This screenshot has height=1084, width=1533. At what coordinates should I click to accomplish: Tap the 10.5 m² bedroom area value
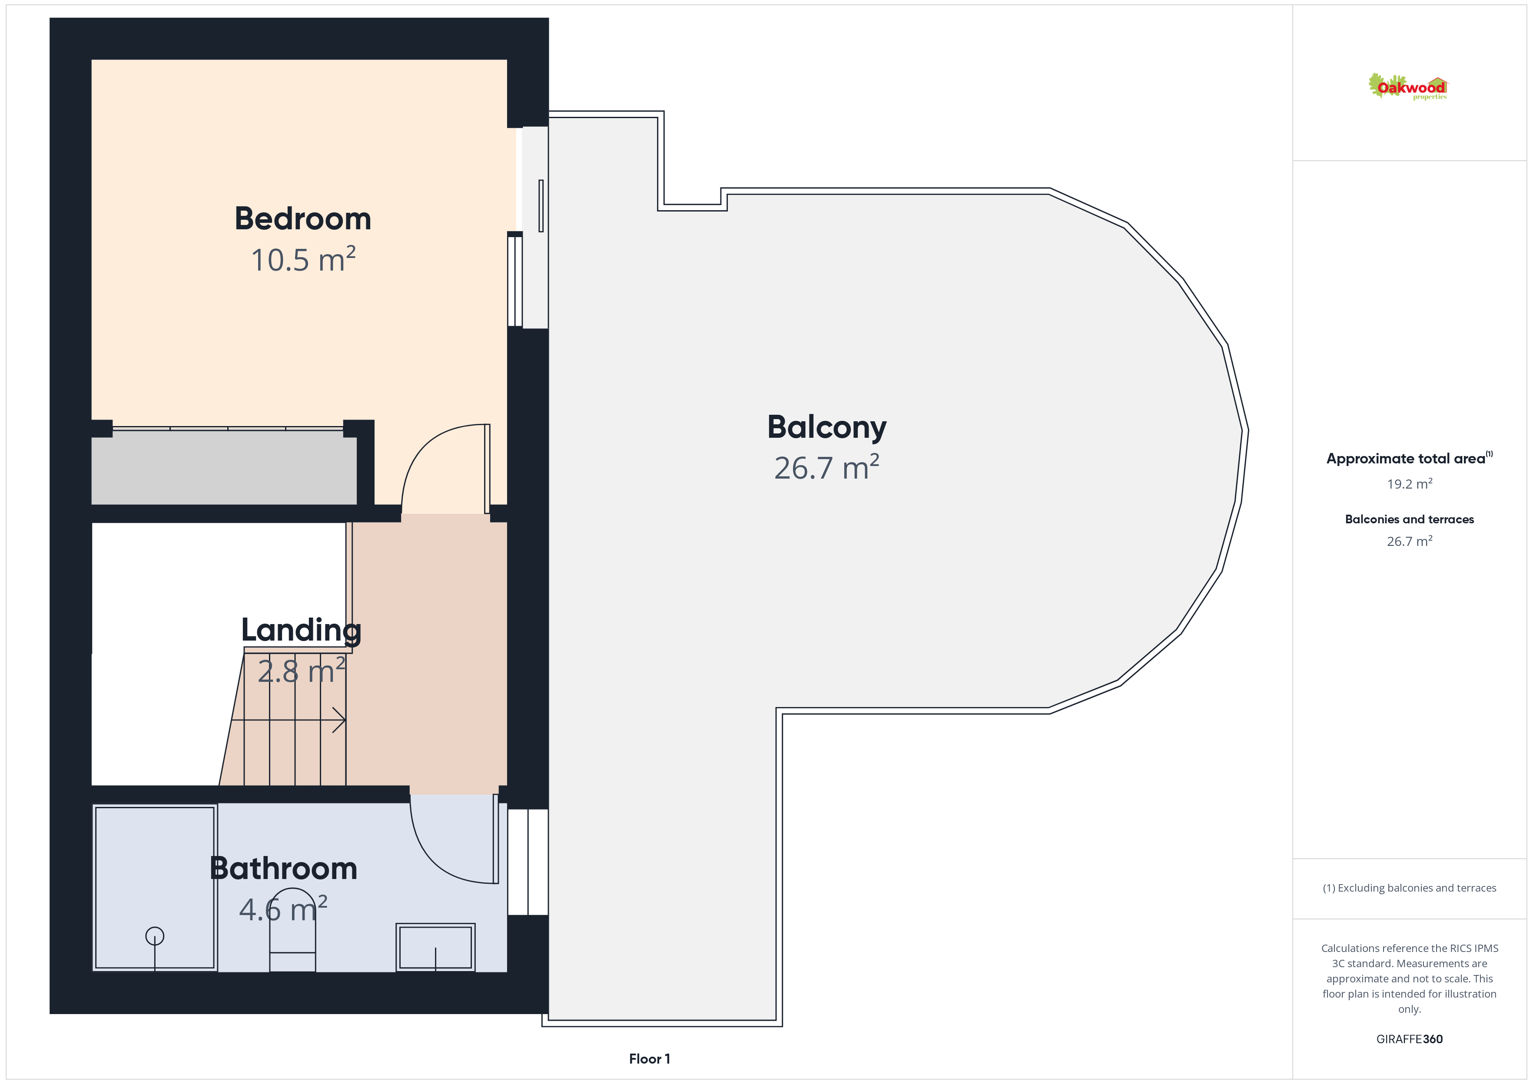pos(303,259)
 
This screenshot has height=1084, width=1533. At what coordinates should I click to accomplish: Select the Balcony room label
pos(826,428)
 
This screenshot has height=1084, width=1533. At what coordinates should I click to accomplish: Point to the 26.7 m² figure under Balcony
pos(826,467)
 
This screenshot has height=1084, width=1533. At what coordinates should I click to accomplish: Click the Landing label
pos(301,631)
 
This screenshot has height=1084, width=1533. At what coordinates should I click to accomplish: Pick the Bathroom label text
pos(283,869)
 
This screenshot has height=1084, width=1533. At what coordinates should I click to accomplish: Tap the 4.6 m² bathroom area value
pos(283,909)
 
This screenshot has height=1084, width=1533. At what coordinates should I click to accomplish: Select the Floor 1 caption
pos(649,1059)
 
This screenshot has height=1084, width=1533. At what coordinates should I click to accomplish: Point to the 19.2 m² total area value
pos(1410,483)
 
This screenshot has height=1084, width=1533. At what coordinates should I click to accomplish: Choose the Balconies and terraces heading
pos(1410,519)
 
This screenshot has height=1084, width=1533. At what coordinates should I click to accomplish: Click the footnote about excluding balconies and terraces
pos(1410,888)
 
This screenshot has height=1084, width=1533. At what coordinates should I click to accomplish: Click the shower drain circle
pos(155,936)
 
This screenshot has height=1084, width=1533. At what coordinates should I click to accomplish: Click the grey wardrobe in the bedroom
pos(224,468)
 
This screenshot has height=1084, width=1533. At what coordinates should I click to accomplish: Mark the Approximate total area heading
pos(1410,459)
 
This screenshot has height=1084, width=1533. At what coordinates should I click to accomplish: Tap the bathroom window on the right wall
pos(528,862)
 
